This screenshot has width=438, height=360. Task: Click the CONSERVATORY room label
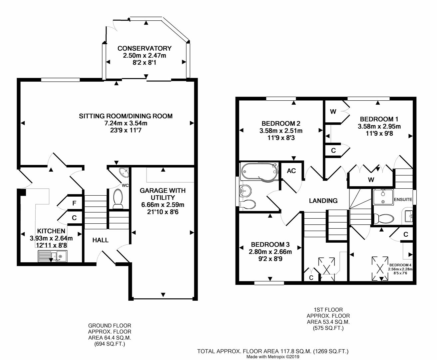point(144,48)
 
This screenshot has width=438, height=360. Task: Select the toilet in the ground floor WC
point(118,198)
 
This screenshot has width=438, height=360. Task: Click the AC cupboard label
point(291,171)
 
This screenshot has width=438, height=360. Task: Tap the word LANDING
point(323,201)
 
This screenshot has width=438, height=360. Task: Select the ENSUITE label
point(403,200)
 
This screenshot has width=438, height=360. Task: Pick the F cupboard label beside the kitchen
point(74,203)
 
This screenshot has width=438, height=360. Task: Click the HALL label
point(100,240)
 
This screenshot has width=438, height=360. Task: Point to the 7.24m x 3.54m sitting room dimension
point(126,123)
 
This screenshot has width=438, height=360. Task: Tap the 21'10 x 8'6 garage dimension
point(162,212)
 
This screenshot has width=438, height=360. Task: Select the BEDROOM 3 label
point(270,244)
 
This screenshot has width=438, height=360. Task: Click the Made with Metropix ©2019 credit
point(273,357)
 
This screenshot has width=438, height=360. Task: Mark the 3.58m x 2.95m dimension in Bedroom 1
point(379,126)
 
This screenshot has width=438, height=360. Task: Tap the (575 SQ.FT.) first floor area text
point(328,328)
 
